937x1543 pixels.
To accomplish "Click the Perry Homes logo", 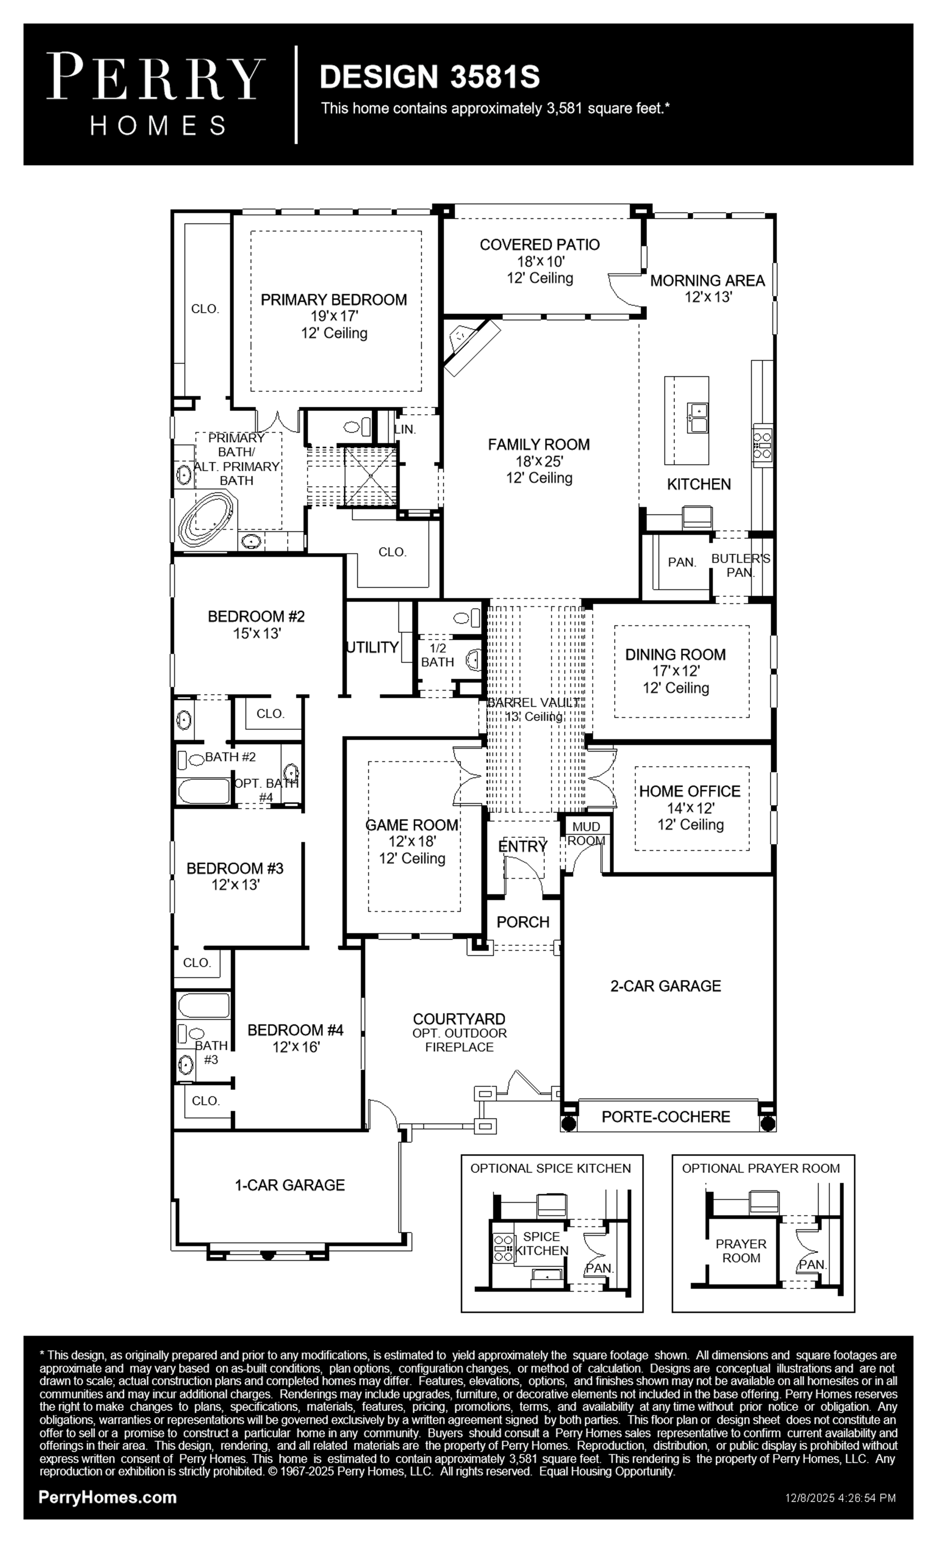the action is pyautogui.click(x=155, y=94).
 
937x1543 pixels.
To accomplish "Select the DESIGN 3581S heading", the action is pyautogui.click(x=430, y=77).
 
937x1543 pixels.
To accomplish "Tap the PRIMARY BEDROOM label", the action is pyautogui.click(x=334, y=300).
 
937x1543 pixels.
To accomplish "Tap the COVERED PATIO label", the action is pyautogui.click(x=539, y=245).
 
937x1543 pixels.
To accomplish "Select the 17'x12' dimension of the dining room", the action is pyautogui.click(x=675, y=671).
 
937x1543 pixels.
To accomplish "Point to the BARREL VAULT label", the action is pyautogui.click(x=533, y=702).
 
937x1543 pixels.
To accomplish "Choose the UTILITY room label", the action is pyautogui.click(x=373, y=647).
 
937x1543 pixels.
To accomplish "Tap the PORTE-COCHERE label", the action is pyautogui.click(x=666, y=1116).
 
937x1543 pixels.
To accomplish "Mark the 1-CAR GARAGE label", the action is pyautogui.click(x=290, y=1185).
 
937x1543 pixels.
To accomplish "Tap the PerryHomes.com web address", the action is pyautogui.click(x=108, y=1498).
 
